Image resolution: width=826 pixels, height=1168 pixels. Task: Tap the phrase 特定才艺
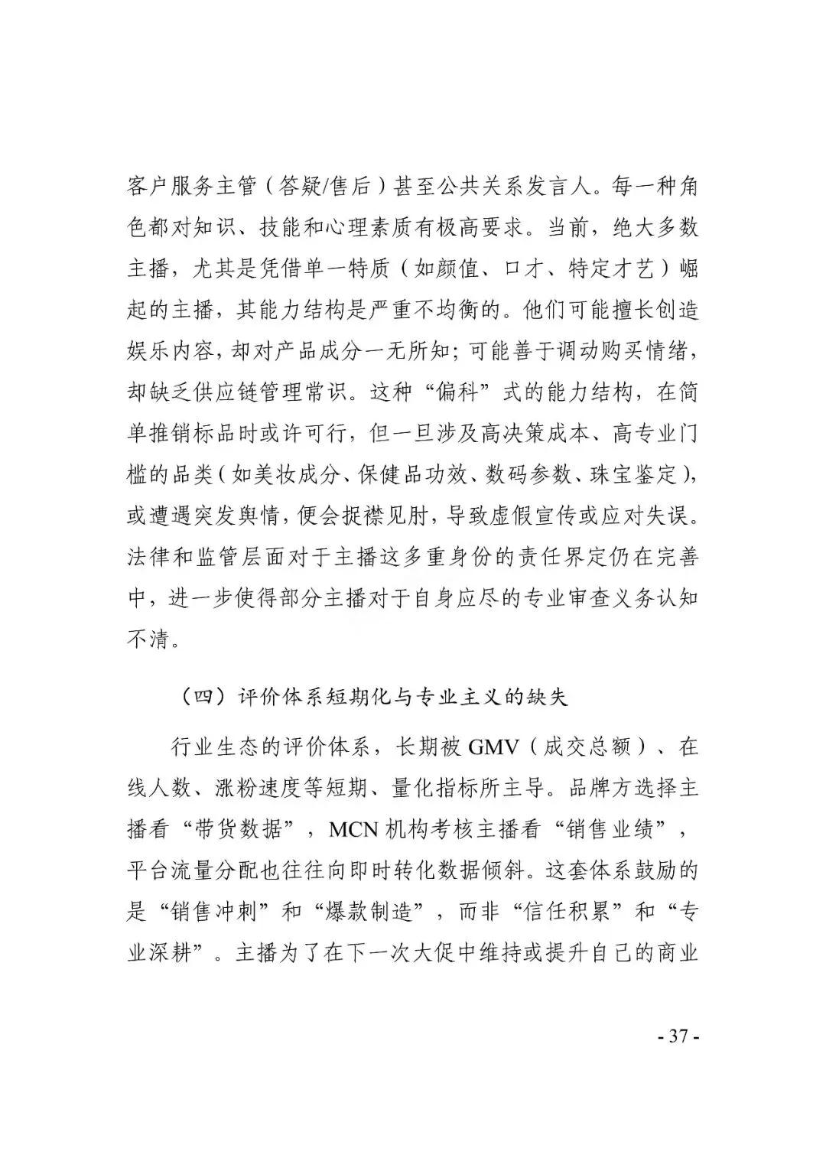point(610,268)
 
